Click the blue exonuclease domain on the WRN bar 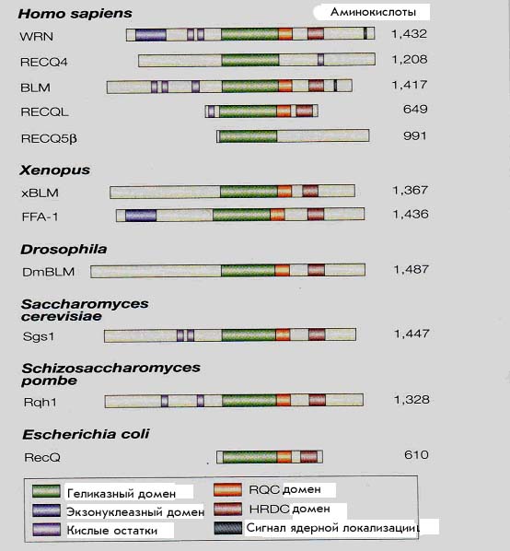[151, 35]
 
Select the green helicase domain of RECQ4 [250, 60]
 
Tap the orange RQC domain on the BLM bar [285, 86]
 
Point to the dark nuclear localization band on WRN [365, 34]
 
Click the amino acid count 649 [415, 110]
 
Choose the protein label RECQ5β [49, 138]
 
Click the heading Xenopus [54, 170]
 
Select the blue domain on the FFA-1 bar [141, 215]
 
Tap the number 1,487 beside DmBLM [411, 270]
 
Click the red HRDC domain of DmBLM [316, 270]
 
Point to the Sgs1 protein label [39, 336]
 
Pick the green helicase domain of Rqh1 [249, 400]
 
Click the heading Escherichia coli [86, 434]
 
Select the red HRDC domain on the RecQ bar [309, 457]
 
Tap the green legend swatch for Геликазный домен [46, 491]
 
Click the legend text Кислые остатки [112, 531]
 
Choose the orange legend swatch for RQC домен [227, 489]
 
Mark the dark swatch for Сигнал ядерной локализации [228, 528]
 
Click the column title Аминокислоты [373, 12]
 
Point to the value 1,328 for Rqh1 [411, 400]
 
